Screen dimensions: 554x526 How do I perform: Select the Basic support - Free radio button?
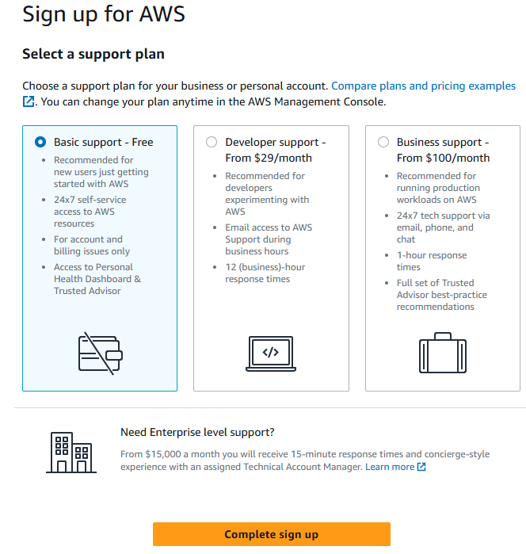pyautogui.click(x=40, y=142)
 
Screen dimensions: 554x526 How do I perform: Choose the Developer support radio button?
pyautogui.click(x=212, y=142)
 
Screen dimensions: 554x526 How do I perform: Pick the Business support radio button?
pyautogui.click(x=383, y=142)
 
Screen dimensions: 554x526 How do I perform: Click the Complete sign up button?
pyautogui.click(x=271, y=534)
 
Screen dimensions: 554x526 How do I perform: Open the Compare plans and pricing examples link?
pyautogui.click(x=423, y=86)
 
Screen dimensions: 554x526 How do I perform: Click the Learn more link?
pyautogui.click(x=389, y=467)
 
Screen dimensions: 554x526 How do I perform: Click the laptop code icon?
pyautogui.click(x=271, y=353)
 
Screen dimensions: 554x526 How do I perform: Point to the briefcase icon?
pyautogui.click(x=442, y=353)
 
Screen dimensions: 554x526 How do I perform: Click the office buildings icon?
pyautogui.click(x=71, y=453)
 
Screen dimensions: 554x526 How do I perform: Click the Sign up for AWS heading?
pyautogui.click(x=105, y=13)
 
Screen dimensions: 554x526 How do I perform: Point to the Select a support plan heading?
pyautogui.click(x=93, y=54)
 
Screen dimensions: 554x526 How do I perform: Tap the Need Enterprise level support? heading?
pyautogui.click(x=197, y=432)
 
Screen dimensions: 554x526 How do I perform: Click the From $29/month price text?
pyautogui.click(x=269, y=158)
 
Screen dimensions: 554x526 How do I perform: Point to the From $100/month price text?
pyautogui.click(x=443, y=158)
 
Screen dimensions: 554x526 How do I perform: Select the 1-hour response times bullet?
pyautogui.click(x=432, y=262)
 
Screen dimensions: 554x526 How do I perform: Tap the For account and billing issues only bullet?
pyautogui.click(x=88, y=245)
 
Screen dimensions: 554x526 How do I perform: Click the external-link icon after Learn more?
pyautogui.click(x=421, y=467)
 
